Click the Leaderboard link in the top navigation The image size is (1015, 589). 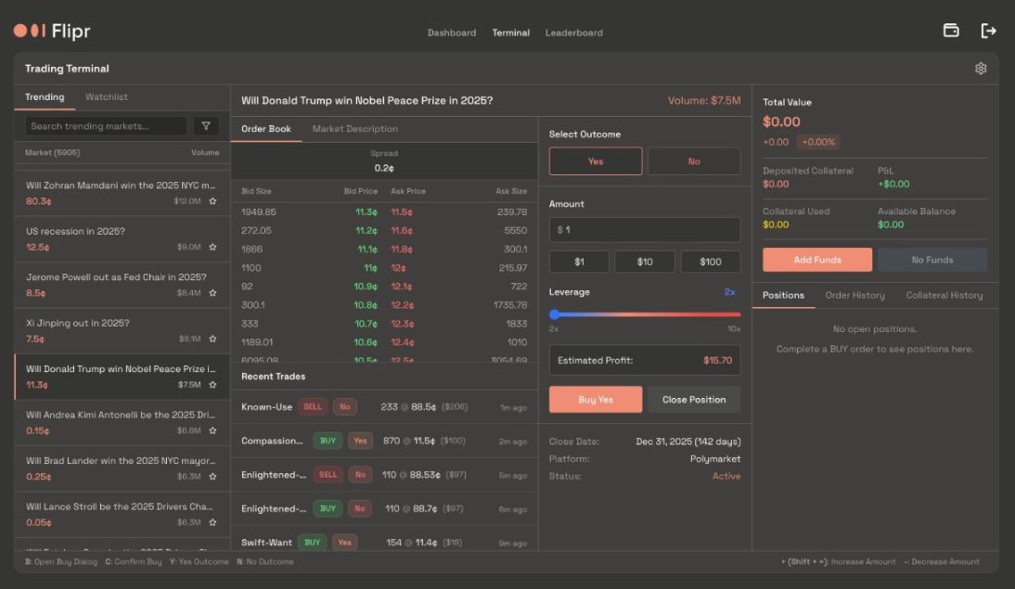tap(573, 32)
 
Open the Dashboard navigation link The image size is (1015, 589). tap(451, 32)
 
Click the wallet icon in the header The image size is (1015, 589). tap(951, 31)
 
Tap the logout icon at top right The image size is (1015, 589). tap(988, 31)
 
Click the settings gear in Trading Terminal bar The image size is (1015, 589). tap(981, 69)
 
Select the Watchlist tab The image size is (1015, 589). tap(107, 97)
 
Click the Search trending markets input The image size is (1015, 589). tap(106, 126)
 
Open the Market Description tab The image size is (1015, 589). tap(354, 129)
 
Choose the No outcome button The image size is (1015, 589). tap(694, 161)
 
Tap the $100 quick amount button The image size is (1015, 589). tap(711, 262)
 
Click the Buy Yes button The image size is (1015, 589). tap(596, 400)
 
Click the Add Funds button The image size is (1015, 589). tap(816, 260)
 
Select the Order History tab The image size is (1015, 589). tap(854, 295)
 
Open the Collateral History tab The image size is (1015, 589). tap(944, 295)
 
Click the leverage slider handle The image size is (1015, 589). tap(555, 314)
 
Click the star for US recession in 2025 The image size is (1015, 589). tap(212, 247)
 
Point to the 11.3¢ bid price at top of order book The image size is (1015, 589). tap(366, 212)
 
